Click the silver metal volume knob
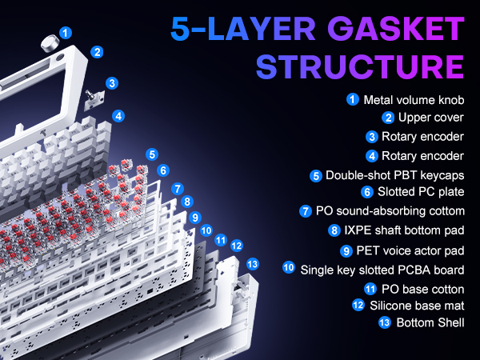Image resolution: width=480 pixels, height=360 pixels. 50,44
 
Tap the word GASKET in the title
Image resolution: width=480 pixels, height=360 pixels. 396,29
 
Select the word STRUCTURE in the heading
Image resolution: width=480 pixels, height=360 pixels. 360,66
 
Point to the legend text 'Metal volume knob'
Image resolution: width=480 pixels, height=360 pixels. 414,100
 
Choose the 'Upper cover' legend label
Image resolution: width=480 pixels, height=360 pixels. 431,118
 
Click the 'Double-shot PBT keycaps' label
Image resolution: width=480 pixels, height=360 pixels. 395,175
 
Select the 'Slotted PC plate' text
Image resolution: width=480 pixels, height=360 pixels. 421,192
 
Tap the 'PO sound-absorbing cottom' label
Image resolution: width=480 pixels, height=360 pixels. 390,211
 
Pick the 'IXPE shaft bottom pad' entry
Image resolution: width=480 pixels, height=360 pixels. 404,230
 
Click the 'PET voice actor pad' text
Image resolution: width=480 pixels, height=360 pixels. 410,250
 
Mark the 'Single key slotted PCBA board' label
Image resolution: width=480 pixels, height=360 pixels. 382,270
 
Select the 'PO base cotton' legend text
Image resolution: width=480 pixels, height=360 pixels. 422,290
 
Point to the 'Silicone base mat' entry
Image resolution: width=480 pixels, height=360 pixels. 417,306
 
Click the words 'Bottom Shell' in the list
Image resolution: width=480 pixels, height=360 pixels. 430,322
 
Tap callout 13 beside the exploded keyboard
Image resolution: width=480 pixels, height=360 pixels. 253,264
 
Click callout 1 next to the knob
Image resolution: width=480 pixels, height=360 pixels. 66,33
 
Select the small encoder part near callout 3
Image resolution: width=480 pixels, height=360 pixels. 94,100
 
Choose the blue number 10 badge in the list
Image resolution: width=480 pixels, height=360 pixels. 289,267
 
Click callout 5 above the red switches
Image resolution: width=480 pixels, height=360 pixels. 152,154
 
